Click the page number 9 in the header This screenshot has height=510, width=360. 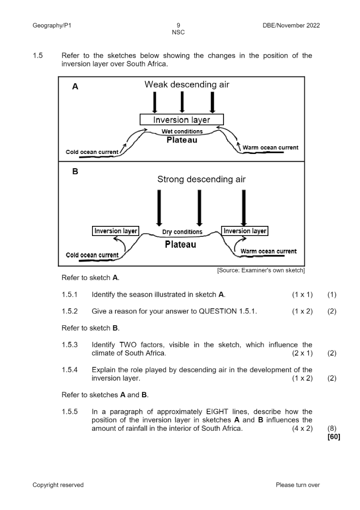(x=178, y=26)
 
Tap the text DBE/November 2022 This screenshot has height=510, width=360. (x=288, y=26)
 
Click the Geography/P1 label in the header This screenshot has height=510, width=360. (x=52, y=26)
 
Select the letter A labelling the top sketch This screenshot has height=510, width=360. (x=76, y=86)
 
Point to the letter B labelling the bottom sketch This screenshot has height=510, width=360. (x=76, y=172)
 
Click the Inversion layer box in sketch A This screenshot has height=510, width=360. (x=181, y=120)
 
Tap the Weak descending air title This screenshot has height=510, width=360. (x=187, y=84)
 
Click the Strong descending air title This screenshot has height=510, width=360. (x=201, y=179)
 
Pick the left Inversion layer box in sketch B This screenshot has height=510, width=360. (x=115, y=231)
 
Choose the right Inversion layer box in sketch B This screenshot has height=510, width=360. (x=245, y=231)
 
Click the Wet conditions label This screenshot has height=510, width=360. (x=182, y=132)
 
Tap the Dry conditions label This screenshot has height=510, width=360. (x=182, y=232)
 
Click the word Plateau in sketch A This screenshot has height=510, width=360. (x=182, y=140)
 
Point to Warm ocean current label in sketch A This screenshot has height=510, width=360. (x=270, y=148)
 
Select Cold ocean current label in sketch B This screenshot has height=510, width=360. (x=92, y=255)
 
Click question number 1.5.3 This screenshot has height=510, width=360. (x=70, y=345)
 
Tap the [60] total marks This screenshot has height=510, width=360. (x=334, y=437)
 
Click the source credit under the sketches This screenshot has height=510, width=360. (x=261, y=270)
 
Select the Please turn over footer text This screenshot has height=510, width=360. (x=298, y=485)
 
